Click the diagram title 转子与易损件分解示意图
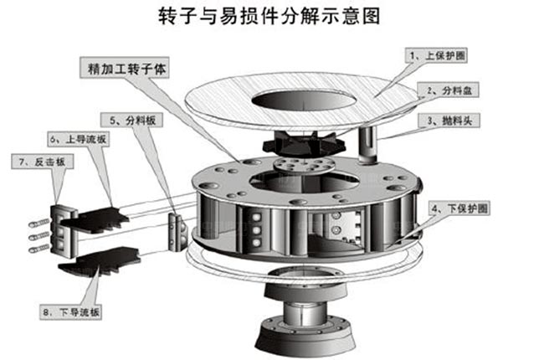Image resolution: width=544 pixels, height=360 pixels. (x=273, y=16)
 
